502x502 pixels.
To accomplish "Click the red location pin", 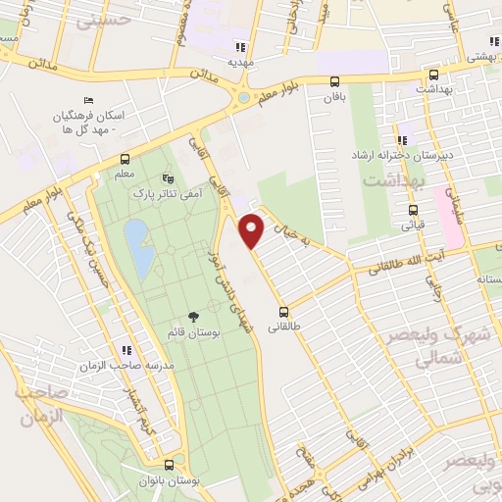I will (x=253, y=229).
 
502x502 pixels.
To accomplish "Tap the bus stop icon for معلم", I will (x=125, y=159).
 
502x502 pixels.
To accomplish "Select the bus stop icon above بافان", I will (x=335, y=81).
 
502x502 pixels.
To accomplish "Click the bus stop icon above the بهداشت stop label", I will (x=433, y=74).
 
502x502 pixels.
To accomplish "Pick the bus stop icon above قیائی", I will (x=412, y=209).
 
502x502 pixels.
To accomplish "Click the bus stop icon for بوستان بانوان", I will (x=170, y=465).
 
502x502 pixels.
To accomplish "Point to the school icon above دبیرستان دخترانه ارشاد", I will (x=402, y=139).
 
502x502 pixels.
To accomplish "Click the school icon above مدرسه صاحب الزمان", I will (x=125, y=349).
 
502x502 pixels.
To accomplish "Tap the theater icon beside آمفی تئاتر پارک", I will (x=169, y=179).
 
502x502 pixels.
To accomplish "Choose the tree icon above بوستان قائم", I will (x=192, y=317).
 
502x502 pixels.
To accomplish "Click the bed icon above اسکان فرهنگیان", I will (x=89, y=100).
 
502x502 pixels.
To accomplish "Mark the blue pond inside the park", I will (x=138, y=247).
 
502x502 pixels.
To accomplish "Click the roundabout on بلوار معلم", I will (x=241, y=98).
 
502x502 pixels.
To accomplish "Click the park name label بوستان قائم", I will (x=192, y=335).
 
